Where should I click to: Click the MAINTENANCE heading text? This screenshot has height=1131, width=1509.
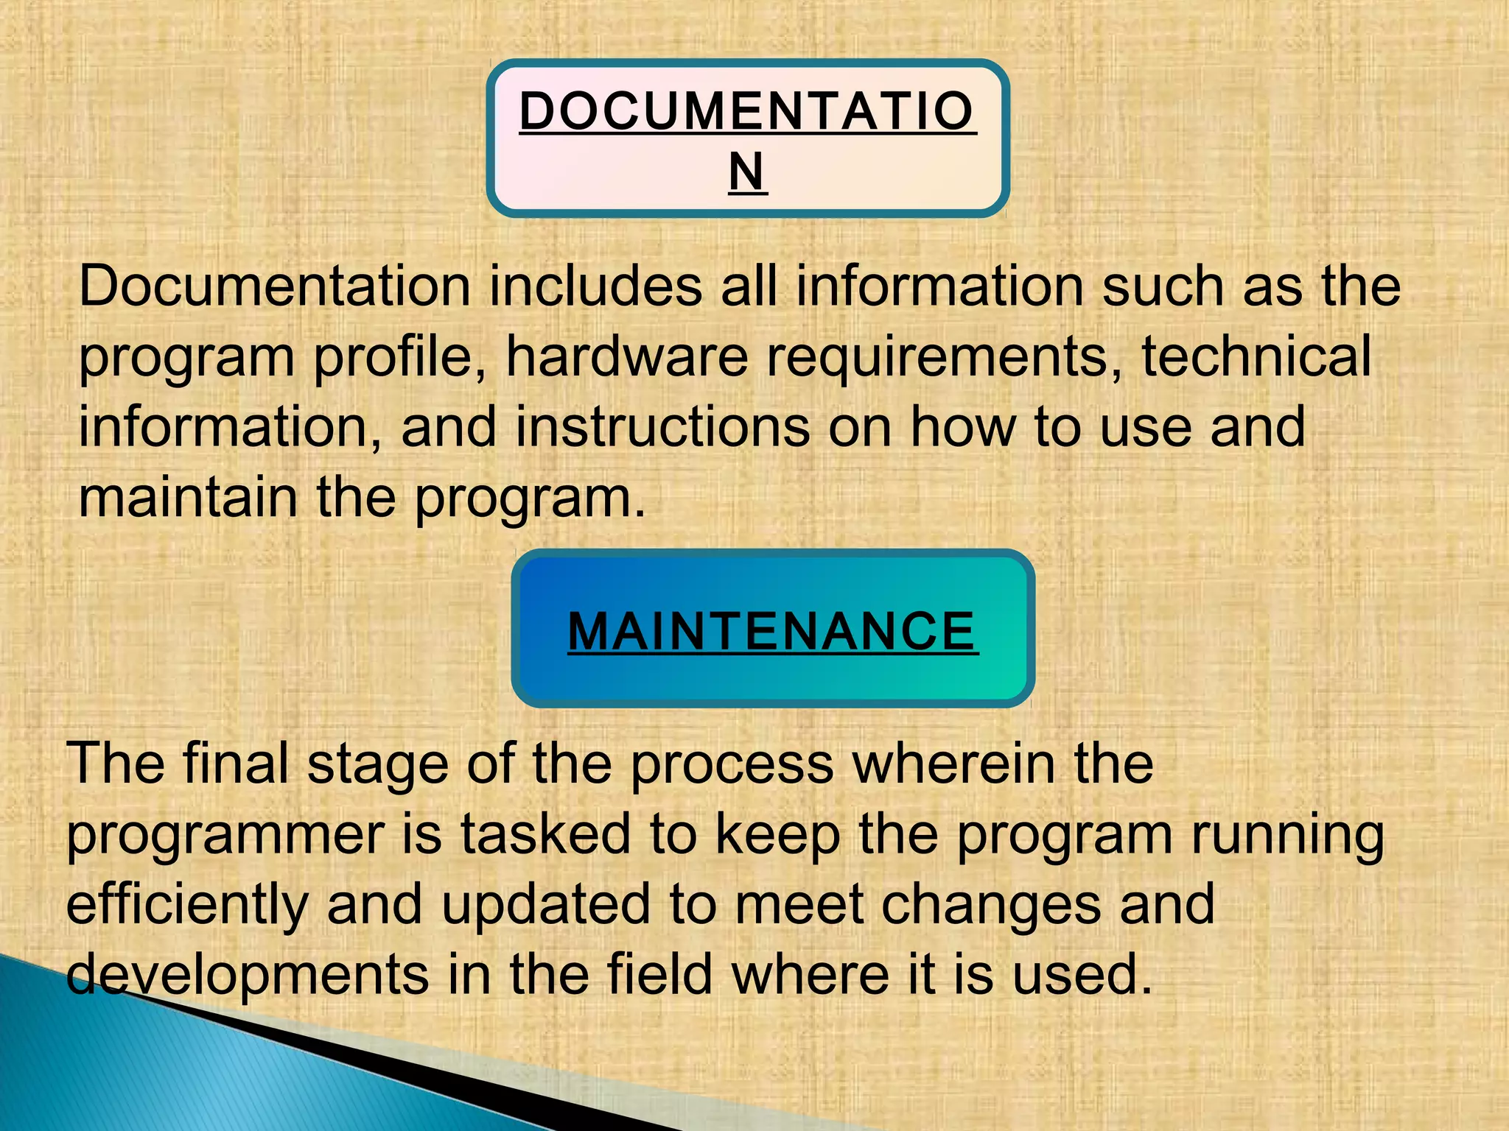773,632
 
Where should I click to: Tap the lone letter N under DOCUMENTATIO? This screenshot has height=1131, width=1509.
747,172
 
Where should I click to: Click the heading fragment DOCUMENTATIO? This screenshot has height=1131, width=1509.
747,112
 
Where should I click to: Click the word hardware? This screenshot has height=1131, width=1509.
627,356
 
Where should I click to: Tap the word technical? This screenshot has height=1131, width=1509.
1256,356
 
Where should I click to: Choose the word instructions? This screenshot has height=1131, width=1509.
662,427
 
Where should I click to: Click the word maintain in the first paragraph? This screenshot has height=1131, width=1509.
189,498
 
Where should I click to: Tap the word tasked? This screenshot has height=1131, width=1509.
545,834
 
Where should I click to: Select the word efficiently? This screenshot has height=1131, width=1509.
187,906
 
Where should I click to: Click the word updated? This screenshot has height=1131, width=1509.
546,906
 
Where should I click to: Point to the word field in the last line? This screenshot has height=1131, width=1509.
659,974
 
